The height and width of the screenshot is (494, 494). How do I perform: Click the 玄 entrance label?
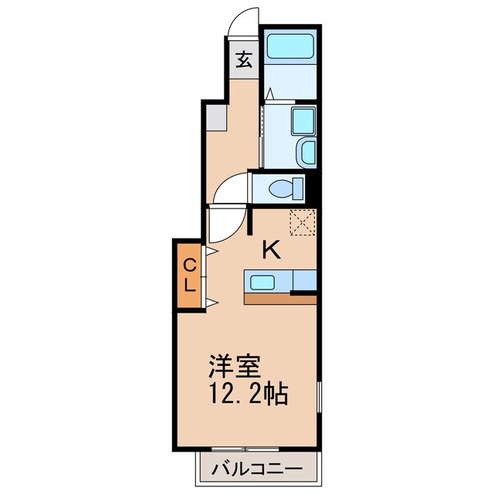tap(244, 60)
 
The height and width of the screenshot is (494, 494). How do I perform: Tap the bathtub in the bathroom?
tap(290, 46)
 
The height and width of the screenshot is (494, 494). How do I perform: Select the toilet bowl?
tap(281, 188)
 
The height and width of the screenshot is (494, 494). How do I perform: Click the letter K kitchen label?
tap(271, 249)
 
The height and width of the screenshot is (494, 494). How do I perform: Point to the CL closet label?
tap(189, 275)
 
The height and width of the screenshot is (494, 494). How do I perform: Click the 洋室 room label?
tap(235, 367)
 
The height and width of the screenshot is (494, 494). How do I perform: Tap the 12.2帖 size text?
tap(249, 394)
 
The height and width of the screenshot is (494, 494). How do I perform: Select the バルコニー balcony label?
tap(257, 469)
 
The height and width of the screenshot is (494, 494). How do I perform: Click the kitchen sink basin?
tap(262, 283)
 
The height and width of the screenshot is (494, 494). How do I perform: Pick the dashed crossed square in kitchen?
tap(303, 222)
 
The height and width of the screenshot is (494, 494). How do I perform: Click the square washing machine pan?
tap(303, 121)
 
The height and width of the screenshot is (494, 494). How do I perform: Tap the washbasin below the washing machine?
tap(306, 153)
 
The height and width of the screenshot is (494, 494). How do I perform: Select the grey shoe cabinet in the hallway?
tap(216, 118)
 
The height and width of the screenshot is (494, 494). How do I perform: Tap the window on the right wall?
tap(319, 396)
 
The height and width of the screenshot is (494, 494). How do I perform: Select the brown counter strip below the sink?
tap(280, 299)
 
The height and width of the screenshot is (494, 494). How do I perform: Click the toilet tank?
tap(299, 188)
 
